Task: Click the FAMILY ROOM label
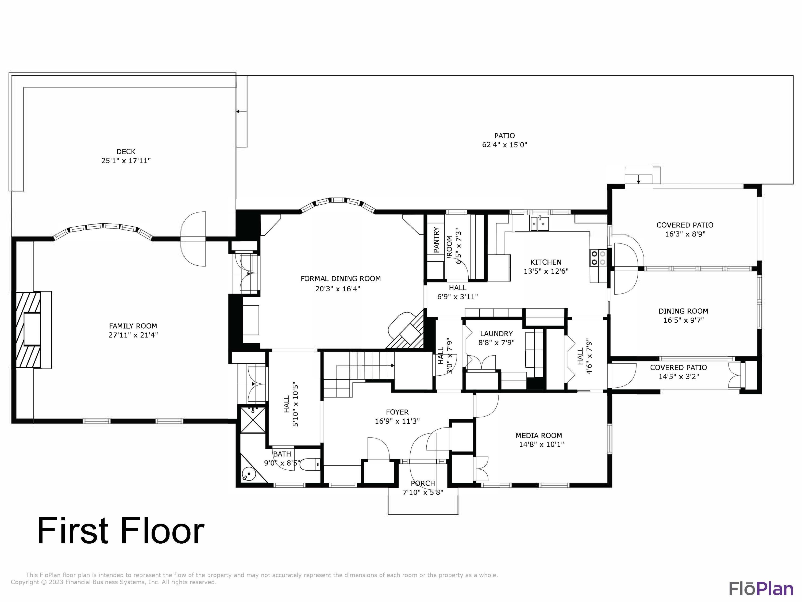point(133,326)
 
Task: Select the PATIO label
point(504,136)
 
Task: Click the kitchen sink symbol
point(540,223)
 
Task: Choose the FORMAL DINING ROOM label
point(341,279)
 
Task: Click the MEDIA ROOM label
point(539,435)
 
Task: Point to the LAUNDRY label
point(496,333)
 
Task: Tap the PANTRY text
point(436,240)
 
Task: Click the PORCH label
point(423,483)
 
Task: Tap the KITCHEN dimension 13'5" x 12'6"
point(546,271)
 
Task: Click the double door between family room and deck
point(193,239)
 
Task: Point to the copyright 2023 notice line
point(114,582)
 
